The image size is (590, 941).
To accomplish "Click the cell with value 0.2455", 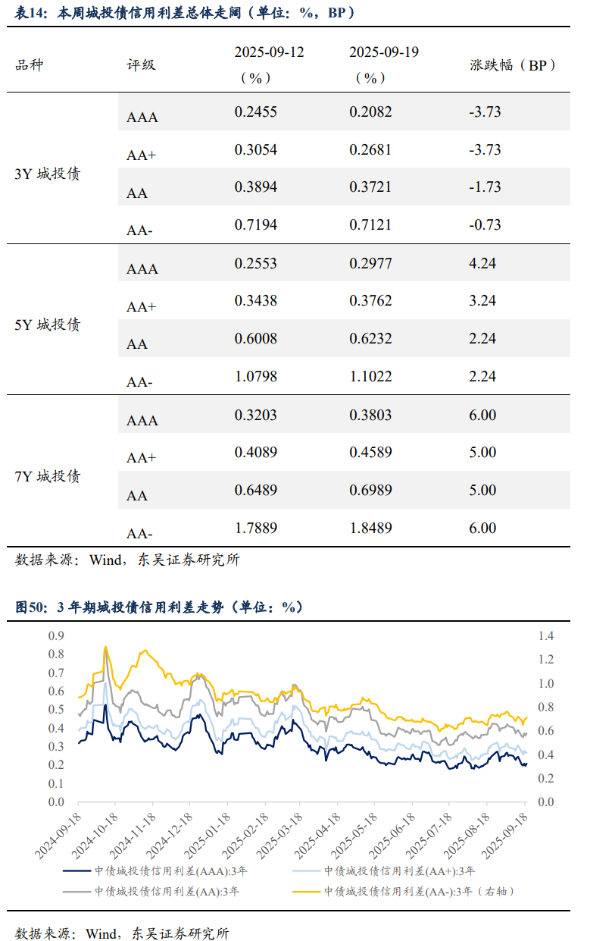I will coord(255,112).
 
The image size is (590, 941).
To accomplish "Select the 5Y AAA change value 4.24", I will coord(482,264).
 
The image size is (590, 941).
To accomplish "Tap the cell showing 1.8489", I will coord(370,529).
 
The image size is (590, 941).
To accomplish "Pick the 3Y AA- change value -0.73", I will coord(485,225).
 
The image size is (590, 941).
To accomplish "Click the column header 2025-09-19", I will coord(384,52).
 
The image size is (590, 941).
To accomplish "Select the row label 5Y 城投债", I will coord(48,325).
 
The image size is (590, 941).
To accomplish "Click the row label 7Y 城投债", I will coord(48,476).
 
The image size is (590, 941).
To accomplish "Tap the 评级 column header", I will coord(141,65).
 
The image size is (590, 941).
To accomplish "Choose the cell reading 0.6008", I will coord(255,339).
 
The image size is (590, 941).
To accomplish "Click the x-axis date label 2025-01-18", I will coord(211,838).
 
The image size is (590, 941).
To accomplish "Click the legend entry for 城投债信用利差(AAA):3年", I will coord(176,871).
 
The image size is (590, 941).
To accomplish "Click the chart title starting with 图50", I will coord(159,607).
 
